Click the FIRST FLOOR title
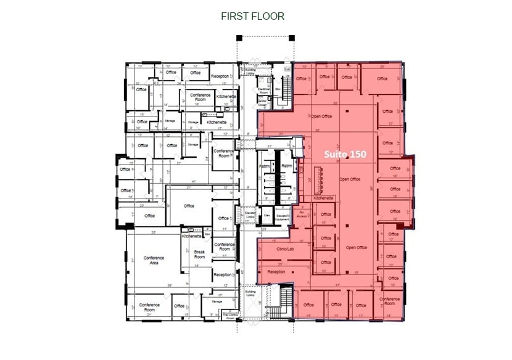tap(253, 16)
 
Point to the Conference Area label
tap(154, 261)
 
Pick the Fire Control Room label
tap(230, 317)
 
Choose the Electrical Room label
tap(264, 90)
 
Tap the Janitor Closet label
tap(264, 102)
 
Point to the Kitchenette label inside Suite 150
tap(324, 198)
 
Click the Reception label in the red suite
tap(276, 271)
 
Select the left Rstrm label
tap(265, 166)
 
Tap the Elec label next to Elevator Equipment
tap(267, 215)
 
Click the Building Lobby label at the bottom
tap(250, 294)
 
